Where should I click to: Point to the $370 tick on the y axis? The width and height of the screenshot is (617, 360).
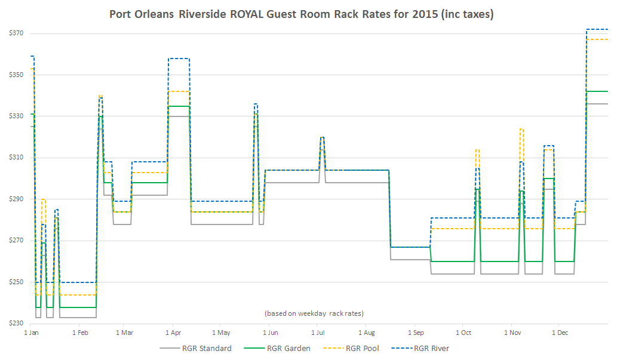coord(16,33)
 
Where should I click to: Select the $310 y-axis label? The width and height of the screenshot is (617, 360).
coord(16,158)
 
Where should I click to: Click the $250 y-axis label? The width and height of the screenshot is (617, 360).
coord(16,282)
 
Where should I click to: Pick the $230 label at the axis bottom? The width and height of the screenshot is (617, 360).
coord(16,323)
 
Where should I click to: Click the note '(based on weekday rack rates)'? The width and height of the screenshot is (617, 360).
coord(314,313)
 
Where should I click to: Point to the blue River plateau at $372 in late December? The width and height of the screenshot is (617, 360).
coord(597,29)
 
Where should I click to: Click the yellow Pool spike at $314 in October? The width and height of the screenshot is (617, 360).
coord(477,149)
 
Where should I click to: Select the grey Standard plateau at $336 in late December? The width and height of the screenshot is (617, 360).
coord(597,104)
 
